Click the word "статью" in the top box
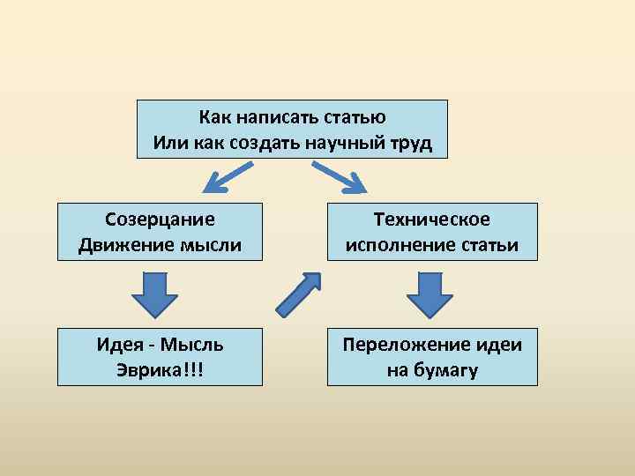tap(355, 117)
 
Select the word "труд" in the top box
tap(409, 143)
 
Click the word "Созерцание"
tap(160, 219)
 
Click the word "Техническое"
tap(431, 219)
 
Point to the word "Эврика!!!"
tap(160, 369)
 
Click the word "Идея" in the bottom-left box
tap(116, 345)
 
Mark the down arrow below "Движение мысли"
tap(160, 294)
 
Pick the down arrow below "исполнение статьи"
tap(431, 294)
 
